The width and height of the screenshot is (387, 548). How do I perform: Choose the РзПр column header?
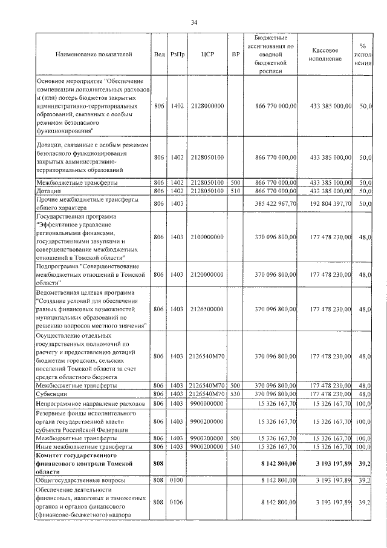[177, 54]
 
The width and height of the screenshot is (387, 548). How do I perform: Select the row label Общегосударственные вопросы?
[81, 480]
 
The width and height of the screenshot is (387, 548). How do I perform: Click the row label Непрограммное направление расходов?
[90, 403]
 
